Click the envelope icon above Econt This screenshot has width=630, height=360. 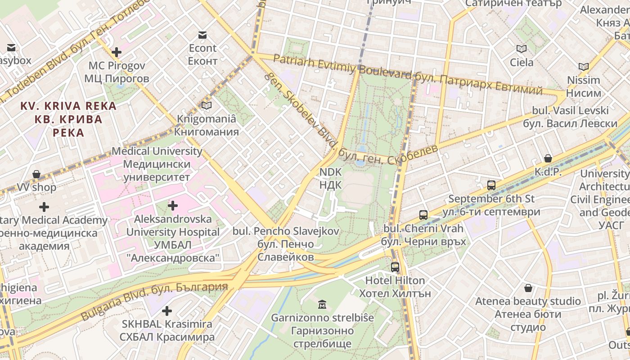click(x=202, y=35)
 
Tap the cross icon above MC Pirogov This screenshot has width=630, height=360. click(x=117, y=52)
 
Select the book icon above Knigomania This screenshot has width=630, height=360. click(x=206, y=106)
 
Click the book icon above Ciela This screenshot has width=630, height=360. click(x=522, y=49)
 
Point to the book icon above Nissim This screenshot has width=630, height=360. click(x=583, y=67)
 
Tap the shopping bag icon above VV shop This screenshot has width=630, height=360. click(x=36, y=174)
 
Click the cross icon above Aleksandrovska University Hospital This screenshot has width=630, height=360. click(x=172, y=206)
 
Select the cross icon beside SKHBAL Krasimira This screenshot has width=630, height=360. click(x=167, y=311)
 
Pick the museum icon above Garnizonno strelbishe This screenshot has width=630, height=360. click(x=322, y=305)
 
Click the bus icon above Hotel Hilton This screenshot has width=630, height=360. click(x=395, y=267)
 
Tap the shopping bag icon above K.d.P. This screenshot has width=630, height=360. click(x=548, y=158)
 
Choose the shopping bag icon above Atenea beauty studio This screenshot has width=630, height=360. click(x=528, y=288)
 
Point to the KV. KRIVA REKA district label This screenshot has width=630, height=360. click(x=68, y=119)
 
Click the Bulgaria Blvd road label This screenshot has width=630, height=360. click(x=154, y=300)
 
